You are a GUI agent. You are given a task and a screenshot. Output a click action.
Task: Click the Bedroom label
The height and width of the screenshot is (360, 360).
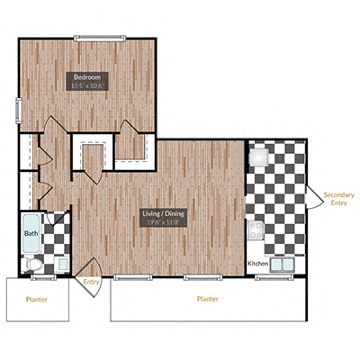tap(87, 77)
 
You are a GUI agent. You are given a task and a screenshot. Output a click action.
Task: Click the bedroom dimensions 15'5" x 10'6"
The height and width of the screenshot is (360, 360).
tap(87, 86)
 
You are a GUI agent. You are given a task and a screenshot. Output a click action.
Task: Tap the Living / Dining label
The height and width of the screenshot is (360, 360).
tap(163, 213)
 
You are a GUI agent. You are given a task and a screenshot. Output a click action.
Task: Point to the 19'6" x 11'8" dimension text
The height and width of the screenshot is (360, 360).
tap(163, 222)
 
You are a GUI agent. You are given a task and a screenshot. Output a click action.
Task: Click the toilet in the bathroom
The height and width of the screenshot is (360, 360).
tap(31, 264)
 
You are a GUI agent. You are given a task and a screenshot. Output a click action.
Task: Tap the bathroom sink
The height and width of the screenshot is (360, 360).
tap(62, 265)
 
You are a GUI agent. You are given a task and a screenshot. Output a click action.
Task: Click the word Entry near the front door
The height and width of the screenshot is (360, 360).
tap(91, 282)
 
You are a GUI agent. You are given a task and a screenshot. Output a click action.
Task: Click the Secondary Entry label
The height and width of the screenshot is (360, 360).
tap(337, 198)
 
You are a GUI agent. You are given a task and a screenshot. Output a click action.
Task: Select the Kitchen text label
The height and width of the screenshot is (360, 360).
tap(258, 264)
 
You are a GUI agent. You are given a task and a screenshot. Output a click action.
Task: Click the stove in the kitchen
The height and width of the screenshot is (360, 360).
tap(256, 230)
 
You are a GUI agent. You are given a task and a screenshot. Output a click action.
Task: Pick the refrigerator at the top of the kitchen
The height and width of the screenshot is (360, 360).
tap(258, 157)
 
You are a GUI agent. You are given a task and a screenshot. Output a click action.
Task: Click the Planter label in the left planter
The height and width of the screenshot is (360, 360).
tap(37, 299)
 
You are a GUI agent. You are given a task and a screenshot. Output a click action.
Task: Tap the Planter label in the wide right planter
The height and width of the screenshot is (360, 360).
tap(208, 299)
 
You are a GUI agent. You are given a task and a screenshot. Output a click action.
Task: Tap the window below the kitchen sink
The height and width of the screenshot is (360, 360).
tap(271, 276)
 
